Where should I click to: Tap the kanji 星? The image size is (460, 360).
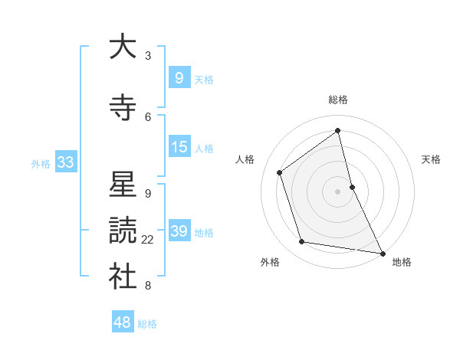pyautogui.click(x=123, y=185)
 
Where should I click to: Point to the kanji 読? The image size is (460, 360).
pyautogui.click(x=123, y=231)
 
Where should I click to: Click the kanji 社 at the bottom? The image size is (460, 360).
pyautogui.click(x=123, y=277)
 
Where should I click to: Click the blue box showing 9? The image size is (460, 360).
pyautogui.click(x=179, y=77)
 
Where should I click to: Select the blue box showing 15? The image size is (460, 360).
pyautogui.click(x=179, y=146)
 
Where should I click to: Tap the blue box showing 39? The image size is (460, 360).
pyautogui.click(x=179, y=231)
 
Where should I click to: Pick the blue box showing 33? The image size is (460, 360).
pyautogui.click(x=65, y=162)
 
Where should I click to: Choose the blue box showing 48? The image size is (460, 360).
pyautogui.click(x=123, y=322)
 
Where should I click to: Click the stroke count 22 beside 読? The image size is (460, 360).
pyautogui.click(x=148, y=240)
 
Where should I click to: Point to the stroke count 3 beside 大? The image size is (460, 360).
pyautogui.click(x=148, y=56)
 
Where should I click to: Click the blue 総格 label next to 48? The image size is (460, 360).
pyautogui.click(x=147, y=324)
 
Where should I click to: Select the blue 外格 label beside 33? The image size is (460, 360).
pyautogui.click(x=41, y=163)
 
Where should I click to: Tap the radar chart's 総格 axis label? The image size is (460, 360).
pyautogui.click(x=338, y=100)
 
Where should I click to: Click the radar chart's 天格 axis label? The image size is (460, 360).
pyautogui.click(x=432, y=159)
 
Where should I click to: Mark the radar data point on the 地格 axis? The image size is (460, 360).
pyautogui.click(x=382, y=253)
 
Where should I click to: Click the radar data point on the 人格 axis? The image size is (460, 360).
pyautogui.click(x=279, y=172)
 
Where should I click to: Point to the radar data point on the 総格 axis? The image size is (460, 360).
pyautogui.click(x=338, y=130)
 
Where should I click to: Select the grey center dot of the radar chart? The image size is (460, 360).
pyautogui.click(x=338, y=191)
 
